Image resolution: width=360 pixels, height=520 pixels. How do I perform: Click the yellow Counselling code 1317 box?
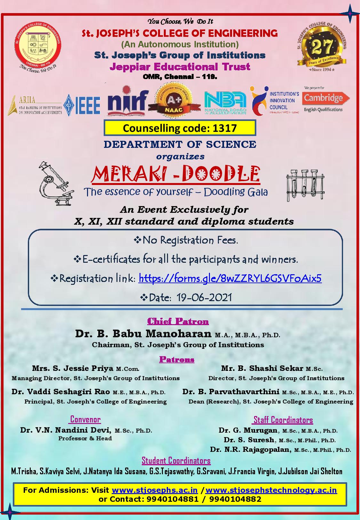coord(180,128)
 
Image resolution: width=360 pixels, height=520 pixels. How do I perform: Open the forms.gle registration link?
coord(230,278)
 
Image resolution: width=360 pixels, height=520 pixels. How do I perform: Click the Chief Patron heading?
coord(178,321)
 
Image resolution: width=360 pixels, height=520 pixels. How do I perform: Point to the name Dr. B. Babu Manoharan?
coord(143,334)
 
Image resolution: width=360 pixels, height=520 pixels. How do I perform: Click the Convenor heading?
coord(85,419)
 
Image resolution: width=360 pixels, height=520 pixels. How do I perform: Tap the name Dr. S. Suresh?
coord(249,440)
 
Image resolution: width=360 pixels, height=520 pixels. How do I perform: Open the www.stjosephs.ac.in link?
coord(155,490)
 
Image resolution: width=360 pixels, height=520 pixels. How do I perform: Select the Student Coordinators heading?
coord(176,460)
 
